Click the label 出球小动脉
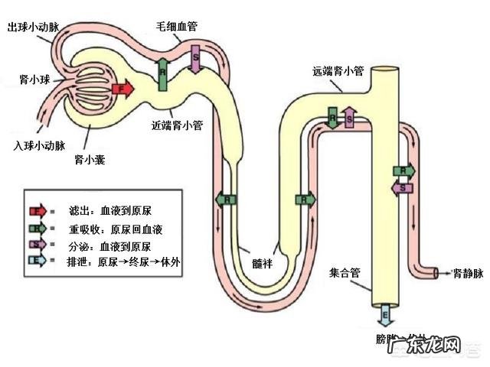(33, 27)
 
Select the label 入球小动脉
(39, 144)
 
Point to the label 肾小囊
(89, 159)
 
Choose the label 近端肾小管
(178, 126)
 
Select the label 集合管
(345, 271)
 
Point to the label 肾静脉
(467, 271)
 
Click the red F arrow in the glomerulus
(122, 89)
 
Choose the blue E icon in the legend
(36, 261)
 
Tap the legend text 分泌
(77, 245)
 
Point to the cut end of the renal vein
(436, 271)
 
